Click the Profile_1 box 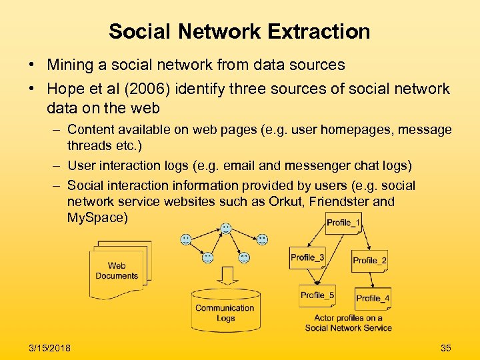click(x=344, y=223)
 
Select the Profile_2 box click(x=369, y=260)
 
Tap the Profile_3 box click(x=307, y=257)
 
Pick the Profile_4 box click(x=373, y=298)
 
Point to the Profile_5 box click(x=317, y=295)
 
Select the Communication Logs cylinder click(x=225, y=309)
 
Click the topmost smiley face click(x=226, y=229)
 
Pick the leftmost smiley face click(x=186, y=239)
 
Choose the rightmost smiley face click(x=263, y=239)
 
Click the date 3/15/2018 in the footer click(x=50, y=348)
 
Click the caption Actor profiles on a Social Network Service click(x=348, y=323)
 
